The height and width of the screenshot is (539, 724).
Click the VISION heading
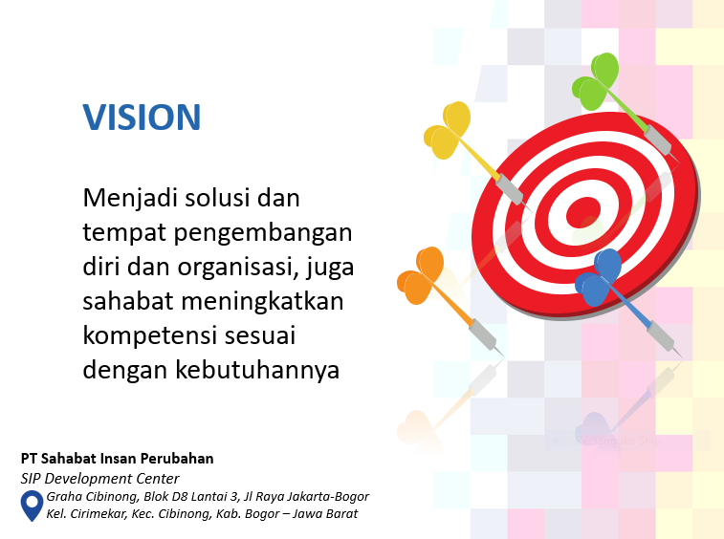coord(142,117)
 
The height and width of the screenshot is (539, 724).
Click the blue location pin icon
coord(32,504)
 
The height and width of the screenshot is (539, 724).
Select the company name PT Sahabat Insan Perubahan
coord(117,459)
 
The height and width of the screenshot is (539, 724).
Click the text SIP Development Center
coord(100,479)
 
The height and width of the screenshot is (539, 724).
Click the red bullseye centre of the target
coord(583,209)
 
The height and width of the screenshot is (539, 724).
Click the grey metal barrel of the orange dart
coord(483,334)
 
